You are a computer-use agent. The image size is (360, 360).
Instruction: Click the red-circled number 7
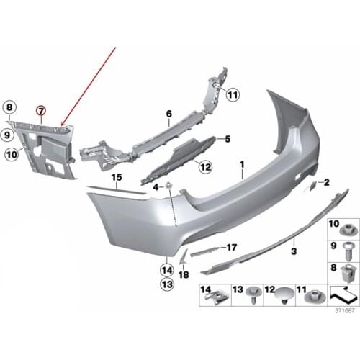click(x=41, y=110)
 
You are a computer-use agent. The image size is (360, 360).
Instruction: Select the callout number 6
click(x=168, y=114)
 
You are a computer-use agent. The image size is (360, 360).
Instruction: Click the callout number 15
click(x=114, y=176)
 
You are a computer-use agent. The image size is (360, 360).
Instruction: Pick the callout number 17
click(x=231, y=247)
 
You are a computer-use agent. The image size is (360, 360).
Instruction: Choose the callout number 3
click(x=293, y=251)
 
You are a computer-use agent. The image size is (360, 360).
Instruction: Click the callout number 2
click(x=325, y=183)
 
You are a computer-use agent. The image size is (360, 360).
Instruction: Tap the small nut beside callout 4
click(x=168, y=187)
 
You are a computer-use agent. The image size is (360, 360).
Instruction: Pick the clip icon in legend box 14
click(x=216, y=296)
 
